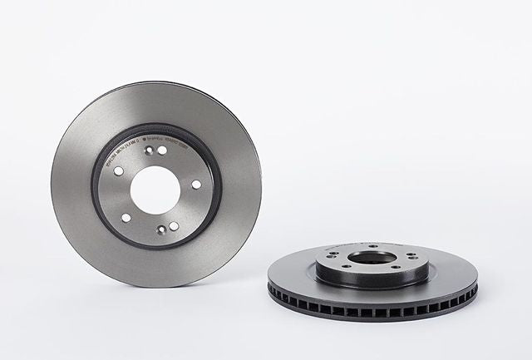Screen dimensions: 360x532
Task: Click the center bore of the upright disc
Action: pos(155,189)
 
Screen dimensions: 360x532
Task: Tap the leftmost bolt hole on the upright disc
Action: pos(118,170)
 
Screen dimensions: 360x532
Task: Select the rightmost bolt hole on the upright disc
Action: pos(196,185)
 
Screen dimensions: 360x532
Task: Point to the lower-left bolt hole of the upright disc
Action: pos(126,218)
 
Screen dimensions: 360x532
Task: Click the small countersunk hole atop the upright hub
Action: pos(147,150)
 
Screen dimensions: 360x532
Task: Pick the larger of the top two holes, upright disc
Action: pos(161,150)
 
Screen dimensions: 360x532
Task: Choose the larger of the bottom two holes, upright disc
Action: pos(173,225)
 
